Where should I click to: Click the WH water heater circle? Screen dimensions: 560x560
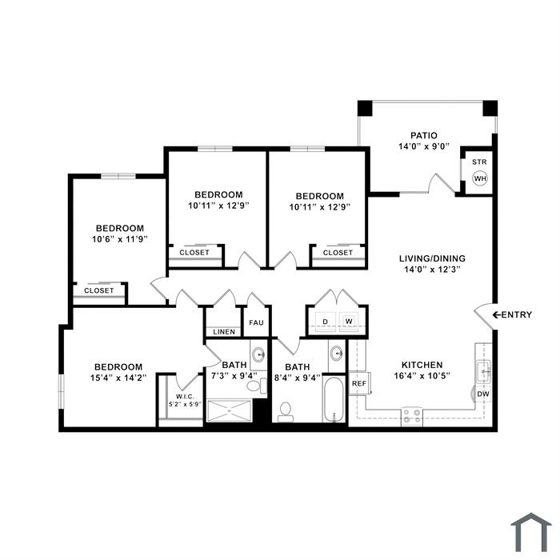pos(480,178)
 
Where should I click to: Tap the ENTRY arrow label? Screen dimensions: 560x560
pos(512,314)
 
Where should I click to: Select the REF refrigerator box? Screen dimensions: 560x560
pos(359,383)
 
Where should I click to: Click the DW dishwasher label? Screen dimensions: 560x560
pos(483,394)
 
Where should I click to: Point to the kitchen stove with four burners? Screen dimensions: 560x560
pos(411,417)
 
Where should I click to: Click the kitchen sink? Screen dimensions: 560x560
pos(484,371)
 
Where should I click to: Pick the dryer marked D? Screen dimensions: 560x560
pos(326,322)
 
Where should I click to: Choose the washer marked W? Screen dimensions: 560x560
pos(349,322)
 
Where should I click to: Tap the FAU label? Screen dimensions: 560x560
pos(256,323)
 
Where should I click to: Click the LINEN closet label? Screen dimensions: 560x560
pos(224,332)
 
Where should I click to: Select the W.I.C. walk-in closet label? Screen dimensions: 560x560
pos(185,397)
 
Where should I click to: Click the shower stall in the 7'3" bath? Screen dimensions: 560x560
pos(230,411)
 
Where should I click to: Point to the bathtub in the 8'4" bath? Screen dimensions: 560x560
pos(334,400)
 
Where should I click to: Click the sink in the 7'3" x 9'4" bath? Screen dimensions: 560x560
pos(258,354)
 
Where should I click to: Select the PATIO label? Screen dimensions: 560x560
pos(423,135)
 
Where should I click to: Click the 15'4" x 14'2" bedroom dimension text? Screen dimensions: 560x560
pos(118,378)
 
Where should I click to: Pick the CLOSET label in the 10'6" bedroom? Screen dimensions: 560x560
pos(99,290)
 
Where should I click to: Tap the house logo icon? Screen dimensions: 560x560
pos(531,532)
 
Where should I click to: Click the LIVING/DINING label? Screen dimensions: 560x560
pos(432,258)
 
